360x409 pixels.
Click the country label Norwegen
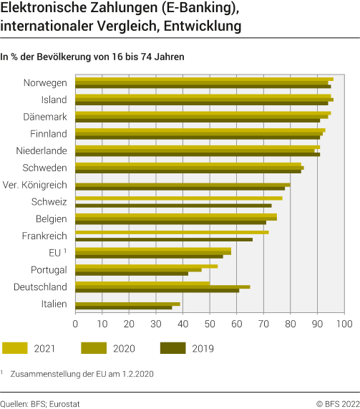[x=45, y=82]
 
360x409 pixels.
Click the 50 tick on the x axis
[x=210, y=324]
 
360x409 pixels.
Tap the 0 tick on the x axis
[x=75, y=324]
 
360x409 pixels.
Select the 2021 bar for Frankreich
[x=172, y=232]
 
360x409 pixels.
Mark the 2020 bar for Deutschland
[x=162, y=287]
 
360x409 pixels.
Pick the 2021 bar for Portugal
[x=146, y=266]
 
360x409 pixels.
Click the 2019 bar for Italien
[x=123, y=308]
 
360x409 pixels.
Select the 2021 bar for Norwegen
[x=204, y=79]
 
